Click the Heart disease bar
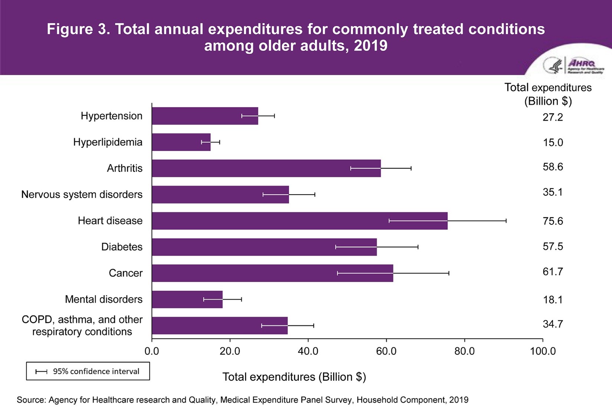[299, 221]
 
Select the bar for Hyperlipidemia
[181, 142]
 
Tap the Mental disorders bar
[187, 299]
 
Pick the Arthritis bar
[266, 168]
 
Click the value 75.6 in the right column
[553, 221]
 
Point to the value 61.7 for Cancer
[553, 272]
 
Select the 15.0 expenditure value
[553, 142]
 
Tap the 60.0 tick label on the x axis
[386, 351]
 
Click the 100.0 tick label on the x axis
[543, 351]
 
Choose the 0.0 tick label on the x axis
[152, 351]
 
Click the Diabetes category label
[122, 247]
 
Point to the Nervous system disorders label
[82, 195]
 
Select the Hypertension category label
[111, 116]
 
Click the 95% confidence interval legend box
[88, 371]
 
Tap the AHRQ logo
[573, 66]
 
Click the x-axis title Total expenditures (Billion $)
[294, 377]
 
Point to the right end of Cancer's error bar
[449, 273]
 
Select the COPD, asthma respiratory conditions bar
[220, 326]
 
